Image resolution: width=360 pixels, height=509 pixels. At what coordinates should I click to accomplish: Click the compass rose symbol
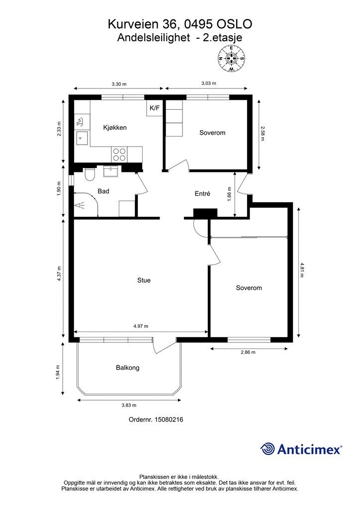[x=231, y=59]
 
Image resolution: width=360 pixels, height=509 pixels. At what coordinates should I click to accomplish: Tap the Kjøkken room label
[x=115, y=128]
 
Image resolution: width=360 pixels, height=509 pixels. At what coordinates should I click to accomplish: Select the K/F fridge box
[x=155, y=108]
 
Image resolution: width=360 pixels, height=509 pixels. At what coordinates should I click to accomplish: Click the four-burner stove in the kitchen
[x=119, y=154]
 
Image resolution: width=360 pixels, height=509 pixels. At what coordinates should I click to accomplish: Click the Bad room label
[x=103, y=191]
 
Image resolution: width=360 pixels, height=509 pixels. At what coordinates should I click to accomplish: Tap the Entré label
[x=202, y=193]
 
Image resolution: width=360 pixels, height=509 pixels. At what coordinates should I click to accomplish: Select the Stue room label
[x=144, y=280]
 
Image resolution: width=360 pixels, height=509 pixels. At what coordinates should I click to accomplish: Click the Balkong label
[x=128, y=368]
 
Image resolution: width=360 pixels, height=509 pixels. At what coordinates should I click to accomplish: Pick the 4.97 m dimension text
[x=141, y=326]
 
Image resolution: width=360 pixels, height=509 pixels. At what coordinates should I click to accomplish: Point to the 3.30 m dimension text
[x=119, y=84]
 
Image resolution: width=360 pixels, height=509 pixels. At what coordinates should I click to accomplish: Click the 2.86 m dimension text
[x=248, y=352]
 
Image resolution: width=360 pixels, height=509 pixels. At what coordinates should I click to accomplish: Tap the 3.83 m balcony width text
[x=129, y=405]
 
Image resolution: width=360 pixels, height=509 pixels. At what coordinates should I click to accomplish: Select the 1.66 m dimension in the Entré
[x=230, y=194]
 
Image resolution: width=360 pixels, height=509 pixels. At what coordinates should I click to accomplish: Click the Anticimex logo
[x=301, y=449]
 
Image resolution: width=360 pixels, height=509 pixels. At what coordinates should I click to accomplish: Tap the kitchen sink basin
[x=82, y=138]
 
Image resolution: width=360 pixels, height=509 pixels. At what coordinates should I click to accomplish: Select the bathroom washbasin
[x=112, y=171]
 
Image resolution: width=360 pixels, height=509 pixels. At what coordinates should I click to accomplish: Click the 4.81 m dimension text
[x=302, y=270]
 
